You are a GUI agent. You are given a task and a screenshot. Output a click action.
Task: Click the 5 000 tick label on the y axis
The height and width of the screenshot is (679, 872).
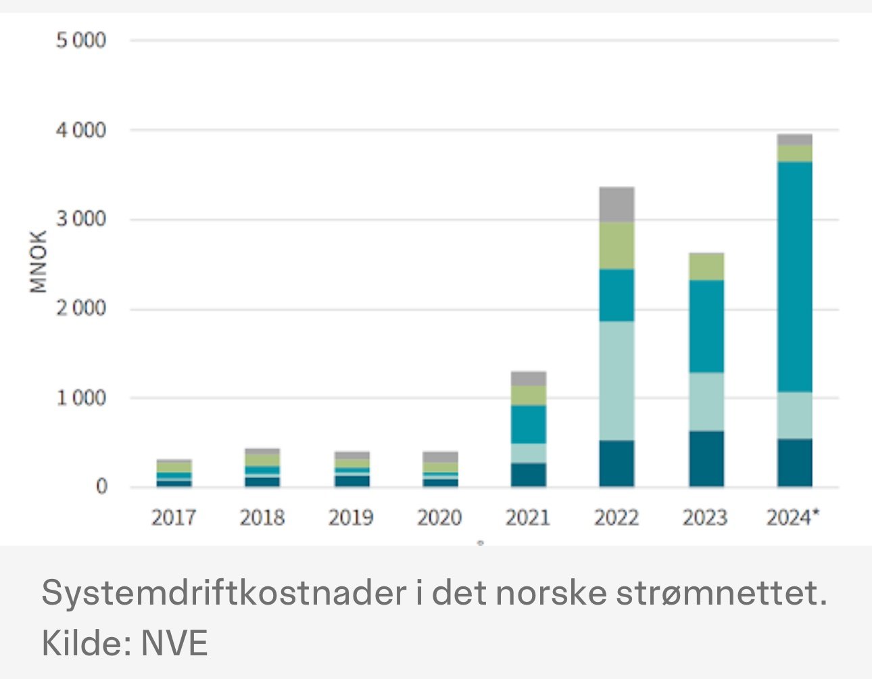click(81, 41)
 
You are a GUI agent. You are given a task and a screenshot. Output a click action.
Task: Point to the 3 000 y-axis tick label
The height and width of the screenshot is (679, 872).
click(81, 220)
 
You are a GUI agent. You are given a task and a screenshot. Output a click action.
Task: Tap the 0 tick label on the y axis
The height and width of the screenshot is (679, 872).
click(101, 487)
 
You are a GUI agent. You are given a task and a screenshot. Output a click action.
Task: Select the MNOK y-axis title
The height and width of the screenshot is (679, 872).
click(39, 262)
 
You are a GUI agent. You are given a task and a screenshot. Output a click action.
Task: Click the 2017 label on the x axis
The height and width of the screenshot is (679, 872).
click(174, 518)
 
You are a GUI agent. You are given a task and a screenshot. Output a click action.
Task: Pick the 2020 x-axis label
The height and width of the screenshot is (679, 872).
click(439, 518)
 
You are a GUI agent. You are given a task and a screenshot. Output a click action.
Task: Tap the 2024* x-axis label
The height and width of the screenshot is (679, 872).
click(793, 518)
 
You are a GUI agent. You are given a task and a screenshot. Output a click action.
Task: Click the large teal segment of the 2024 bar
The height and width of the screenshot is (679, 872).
click(795, 277)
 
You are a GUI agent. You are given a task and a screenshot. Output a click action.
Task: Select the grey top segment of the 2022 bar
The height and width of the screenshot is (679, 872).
click(616, 204)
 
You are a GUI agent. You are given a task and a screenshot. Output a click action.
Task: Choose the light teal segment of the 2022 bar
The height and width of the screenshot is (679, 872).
click(616, 381)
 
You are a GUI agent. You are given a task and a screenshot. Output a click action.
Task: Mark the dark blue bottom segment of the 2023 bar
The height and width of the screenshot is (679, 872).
click(706, 459)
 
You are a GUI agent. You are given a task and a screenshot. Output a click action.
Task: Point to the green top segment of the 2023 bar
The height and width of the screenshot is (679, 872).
click(706, 267)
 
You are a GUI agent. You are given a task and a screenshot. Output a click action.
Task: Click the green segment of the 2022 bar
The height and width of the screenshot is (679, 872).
click(616, 245)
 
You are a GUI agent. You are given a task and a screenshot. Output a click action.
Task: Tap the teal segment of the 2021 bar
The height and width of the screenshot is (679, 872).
click(529, 424)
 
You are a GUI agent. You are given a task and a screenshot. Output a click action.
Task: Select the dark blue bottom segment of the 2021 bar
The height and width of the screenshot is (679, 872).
click(529, 475)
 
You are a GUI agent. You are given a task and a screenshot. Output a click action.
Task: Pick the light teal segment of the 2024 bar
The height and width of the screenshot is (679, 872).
click(795, 415)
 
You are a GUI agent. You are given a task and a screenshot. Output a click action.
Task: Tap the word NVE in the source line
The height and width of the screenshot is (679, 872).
click(174, 642)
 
